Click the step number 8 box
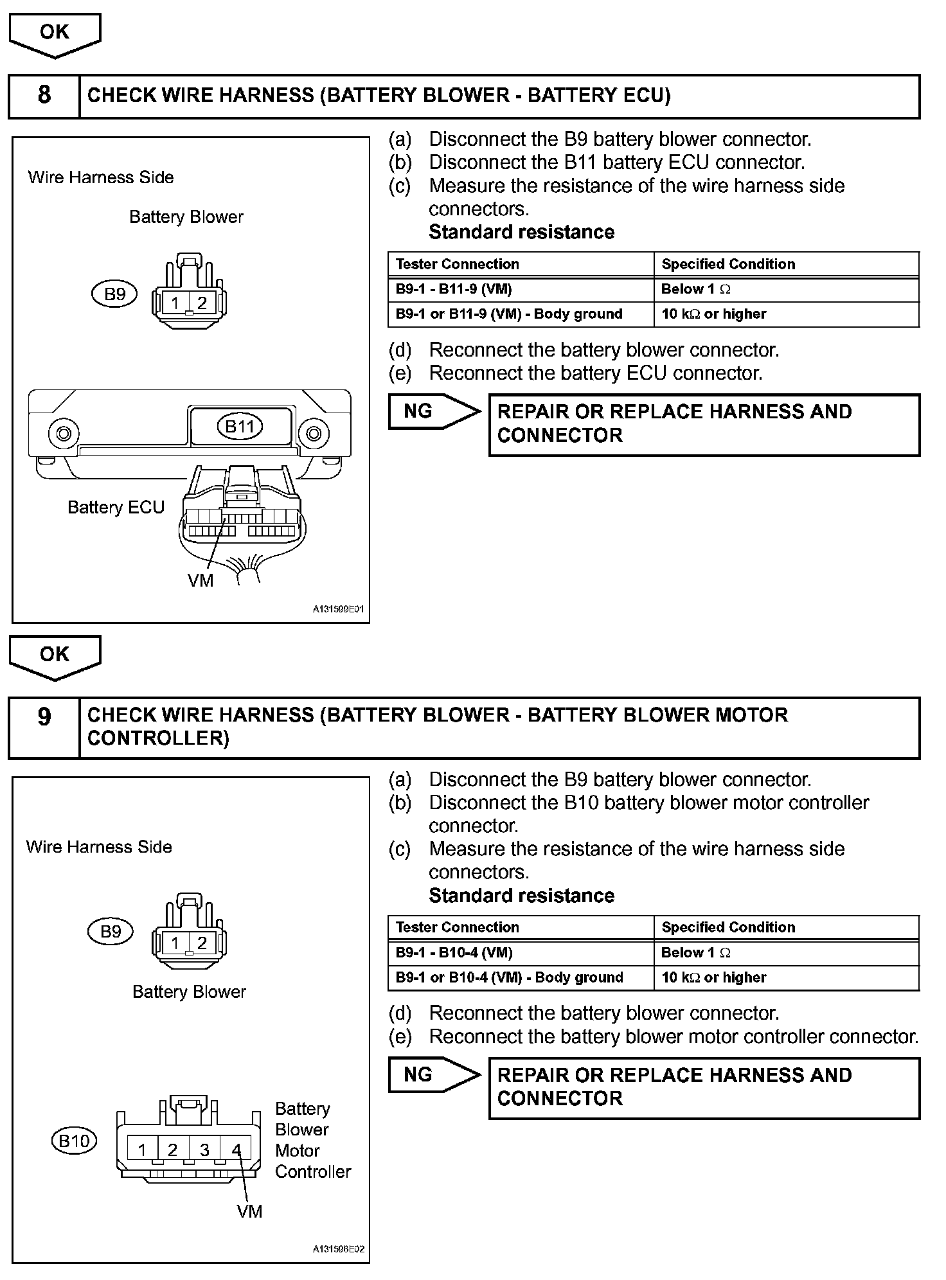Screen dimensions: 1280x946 [44, 96]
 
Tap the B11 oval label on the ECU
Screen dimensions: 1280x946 [240, 426]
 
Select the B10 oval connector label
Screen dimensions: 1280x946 [74, 1141]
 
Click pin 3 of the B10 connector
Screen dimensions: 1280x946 [204, 1150]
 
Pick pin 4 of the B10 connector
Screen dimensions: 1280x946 [236, 1150]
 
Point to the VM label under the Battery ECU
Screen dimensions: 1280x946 [200, 581]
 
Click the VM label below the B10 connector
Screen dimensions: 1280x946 [249, 1211]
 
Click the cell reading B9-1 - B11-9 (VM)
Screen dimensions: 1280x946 [521, 289]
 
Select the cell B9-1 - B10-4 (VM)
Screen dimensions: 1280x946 [521, 952]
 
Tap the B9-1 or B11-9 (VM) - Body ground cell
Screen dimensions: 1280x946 [521, 314]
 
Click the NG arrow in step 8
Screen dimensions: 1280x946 [434, 411]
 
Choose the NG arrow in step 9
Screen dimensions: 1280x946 [434, 1074]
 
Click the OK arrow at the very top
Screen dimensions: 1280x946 [55, 33]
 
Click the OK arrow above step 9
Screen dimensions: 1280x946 [55, 655]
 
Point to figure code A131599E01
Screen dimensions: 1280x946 [338, 609]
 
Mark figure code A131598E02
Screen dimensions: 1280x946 [338, 1249]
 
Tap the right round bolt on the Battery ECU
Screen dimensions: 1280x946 [314, 432]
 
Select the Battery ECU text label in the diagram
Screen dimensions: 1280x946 [116, 508]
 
